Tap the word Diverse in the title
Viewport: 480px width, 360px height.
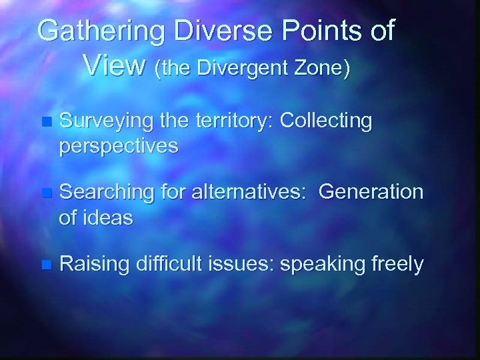(x=205, y=31)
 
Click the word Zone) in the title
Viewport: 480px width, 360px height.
(x=321, y=67)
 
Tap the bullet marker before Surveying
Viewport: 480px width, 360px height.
(x=45, y=123)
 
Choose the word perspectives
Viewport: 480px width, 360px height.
(x=119, y=145)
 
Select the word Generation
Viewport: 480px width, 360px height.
(x=371, y=193)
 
